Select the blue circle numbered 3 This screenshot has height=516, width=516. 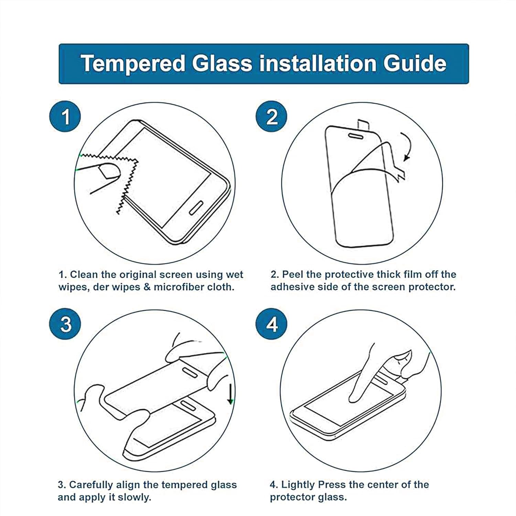(65, 324)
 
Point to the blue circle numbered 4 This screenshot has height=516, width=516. (272, 324)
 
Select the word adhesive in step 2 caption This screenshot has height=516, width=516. (292, 287)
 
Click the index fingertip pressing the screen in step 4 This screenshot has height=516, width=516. (354, 397)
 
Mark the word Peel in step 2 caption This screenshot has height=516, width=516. (293, 275)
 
